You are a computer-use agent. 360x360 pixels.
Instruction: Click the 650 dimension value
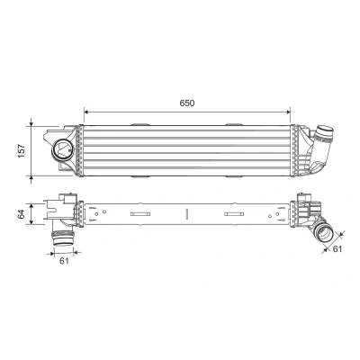click(187, 103)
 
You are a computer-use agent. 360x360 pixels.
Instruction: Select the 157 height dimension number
click(22, 151)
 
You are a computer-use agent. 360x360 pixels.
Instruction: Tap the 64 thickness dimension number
click(21, 214)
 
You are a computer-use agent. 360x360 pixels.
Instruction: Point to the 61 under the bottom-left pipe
click(64, 261)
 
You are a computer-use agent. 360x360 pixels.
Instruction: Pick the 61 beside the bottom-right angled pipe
click(337, 248)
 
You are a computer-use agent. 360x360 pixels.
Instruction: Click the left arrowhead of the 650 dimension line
click(86, 112)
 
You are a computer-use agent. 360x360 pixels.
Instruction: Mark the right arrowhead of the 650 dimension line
click(288, 112)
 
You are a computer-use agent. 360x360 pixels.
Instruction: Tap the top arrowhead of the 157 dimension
click(31, 123)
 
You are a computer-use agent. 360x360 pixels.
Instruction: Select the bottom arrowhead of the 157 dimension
click(31, 179)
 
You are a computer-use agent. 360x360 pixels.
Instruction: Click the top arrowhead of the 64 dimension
click(31, 205)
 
